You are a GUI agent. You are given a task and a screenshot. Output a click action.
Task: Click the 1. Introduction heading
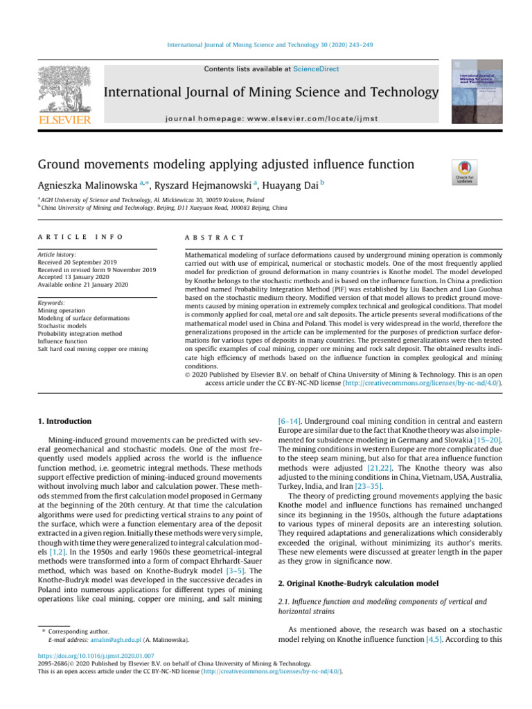tap(61, 420)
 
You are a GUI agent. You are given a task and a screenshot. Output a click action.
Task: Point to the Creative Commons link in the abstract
tap(430, 381)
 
